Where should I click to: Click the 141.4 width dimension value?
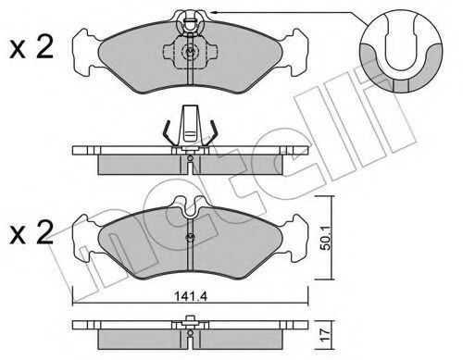tap(191, 296)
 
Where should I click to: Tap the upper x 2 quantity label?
tap(31, 47)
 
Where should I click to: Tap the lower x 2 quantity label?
tap(31, 232)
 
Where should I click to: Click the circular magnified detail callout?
tap(401, 51)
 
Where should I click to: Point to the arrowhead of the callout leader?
tap(213, 12)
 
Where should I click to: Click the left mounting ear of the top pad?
tap(85, 53)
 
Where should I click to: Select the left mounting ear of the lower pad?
tap(85, 238)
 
